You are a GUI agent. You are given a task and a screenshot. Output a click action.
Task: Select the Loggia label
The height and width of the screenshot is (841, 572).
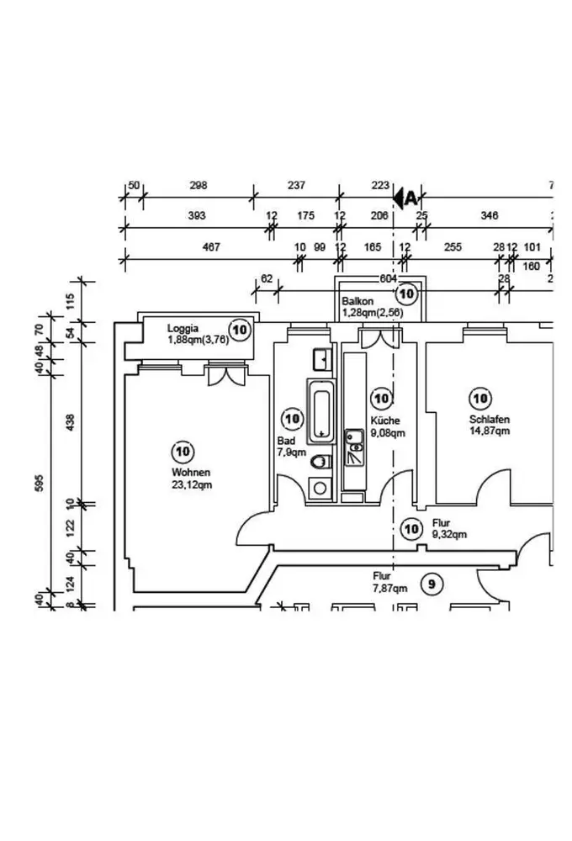(183, 328)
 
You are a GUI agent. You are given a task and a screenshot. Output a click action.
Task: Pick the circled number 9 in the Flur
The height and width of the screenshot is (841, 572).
(432, 584)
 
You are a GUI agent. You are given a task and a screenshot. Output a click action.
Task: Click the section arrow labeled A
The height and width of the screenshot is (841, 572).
(405, 198)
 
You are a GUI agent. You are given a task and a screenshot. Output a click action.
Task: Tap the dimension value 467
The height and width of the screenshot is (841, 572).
(211, 247)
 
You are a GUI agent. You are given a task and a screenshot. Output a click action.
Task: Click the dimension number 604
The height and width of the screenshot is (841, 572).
(388, 278)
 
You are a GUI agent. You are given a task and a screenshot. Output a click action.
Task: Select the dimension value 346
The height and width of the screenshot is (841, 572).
(489, 216)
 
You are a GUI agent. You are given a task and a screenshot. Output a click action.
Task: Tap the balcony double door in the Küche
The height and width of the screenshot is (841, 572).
(379, 338)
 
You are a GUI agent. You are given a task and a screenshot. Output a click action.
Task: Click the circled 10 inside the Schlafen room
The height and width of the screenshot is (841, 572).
(480, 398)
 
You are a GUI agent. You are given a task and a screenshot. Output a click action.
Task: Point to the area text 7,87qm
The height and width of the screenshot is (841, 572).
(390, 589)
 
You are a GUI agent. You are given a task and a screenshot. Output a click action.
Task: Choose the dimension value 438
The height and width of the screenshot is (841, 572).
(71, 419)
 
